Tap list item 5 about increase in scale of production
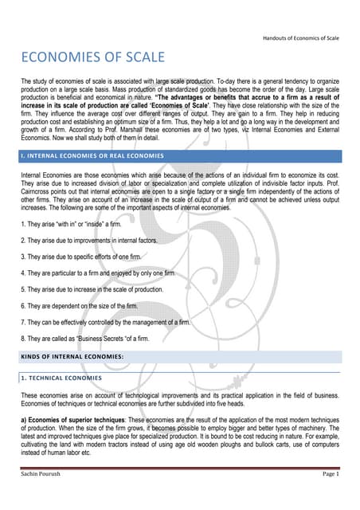(x=92, y=289)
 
